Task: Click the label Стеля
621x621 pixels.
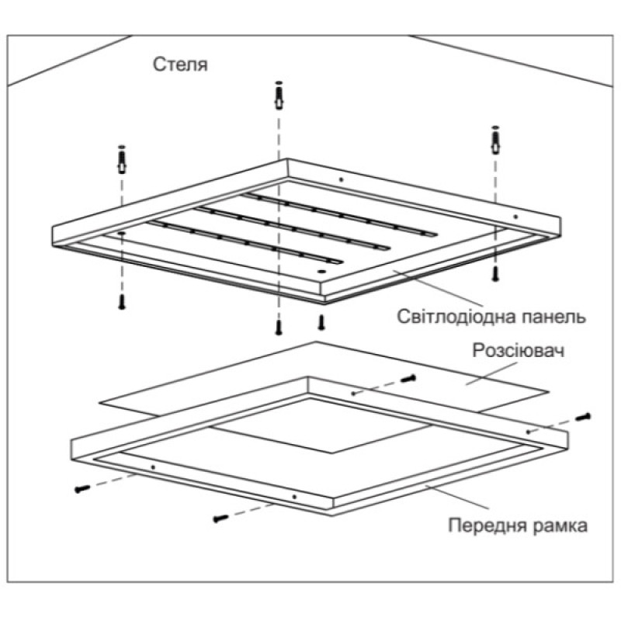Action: [x=180, y=64]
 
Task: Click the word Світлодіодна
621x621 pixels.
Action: [x=445, y=317]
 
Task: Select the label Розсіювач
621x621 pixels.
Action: [x=518, y=351]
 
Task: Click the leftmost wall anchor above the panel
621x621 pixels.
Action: [x=122, y=159]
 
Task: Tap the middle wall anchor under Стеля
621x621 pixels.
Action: [x=279, y=95]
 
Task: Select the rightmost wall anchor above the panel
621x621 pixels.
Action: [x=495, y=141]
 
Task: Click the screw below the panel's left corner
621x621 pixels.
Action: [x=122, y=302]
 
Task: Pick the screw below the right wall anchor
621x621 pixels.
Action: [x=495, y=274]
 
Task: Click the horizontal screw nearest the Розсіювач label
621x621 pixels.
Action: [x=408, y=378]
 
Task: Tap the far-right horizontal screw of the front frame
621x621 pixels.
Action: [x=583, y=417]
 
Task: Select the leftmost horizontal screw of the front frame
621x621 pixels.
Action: [x=82, y=490]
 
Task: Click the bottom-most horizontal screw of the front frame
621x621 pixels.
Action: [x=221, y=518]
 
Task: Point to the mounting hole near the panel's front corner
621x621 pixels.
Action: [x=321, y=271]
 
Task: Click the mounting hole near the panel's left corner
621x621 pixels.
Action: [x=121, y=234]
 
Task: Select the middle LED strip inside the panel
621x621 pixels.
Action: [x=292, y=228]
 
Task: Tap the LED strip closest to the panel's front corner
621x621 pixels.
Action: [x=245, y=242]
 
